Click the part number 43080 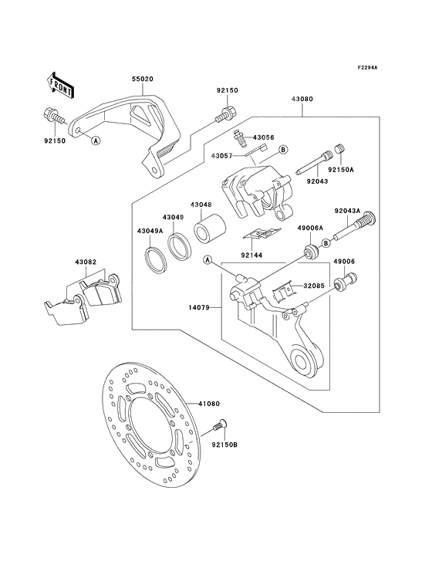(302, 100)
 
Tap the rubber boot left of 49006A (309, 252)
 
